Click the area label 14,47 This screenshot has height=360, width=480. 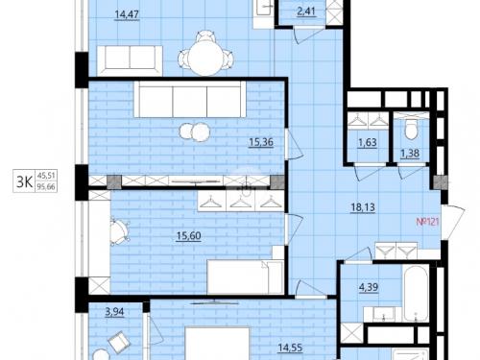[127, 15]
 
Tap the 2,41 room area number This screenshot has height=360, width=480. [306, 12]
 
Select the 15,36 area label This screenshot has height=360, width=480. [261, 142]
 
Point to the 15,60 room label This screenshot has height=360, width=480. [189, 236]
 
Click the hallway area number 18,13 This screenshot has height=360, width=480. [363, 207]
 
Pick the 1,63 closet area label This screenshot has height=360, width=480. [368, 142]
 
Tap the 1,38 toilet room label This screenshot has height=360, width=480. [410, 154]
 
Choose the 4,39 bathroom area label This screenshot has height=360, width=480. [369, 287]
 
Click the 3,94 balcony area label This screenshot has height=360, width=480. [114, 312]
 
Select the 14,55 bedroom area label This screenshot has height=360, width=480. [290, 348]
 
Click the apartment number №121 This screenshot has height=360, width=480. [427, 222]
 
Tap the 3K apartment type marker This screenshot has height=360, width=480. [24, 182]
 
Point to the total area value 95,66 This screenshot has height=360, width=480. [46, 187]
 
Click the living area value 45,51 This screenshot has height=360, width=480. [46, 176]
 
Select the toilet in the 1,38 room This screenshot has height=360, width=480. [411, 129]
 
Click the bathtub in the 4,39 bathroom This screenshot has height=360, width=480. [416, 293]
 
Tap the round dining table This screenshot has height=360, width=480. [206, 59]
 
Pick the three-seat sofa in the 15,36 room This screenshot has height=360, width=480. [190, 99]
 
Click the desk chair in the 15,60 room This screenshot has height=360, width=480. [119, 231]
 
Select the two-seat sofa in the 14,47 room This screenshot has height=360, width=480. [130, 61]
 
